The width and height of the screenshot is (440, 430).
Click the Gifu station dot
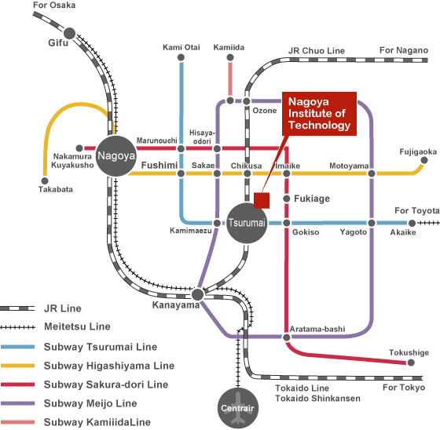click(69, 34)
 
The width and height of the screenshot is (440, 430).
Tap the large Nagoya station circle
click(116, 156)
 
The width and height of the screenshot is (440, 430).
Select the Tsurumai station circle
click(247, 223)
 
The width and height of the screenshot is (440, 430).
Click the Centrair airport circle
click(238, 408)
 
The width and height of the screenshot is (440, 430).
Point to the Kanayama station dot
click(197, 294)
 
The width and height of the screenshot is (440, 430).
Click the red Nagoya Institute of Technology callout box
click(319, 114)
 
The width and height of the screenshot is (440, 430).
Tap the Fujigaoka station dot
click(424, 160)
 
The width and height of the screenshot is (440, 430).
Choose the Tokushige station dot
click(411, 363)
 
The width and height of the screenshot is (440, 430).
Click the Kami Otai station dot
click(181, 57)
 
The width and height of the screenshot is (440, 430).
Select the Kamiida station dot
click(230, 57)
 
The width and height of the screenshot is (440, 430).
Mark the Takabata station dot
click(45, 180)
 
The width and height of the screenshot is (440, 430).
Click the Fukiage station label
click(312, 199)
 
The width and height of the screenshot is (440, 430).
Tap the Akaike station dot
click(412, 223)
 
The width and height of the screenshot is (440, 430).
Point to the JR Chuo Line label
click(316, 51)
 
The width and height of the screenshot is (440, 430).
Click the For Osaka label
click(54, 5)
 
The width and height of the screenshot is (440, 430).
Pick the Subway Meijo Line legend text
click(90, 403)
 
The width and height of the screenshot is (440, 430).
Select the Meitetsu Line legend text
click(77, 326)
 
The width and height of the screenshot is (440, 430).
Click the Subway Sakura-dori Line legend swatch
click(17, 384)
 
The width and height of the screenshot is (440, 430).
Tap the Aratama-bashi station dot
click(287, 337)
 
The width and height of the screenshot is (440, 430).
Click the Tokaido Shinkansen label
click(317, 399)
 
